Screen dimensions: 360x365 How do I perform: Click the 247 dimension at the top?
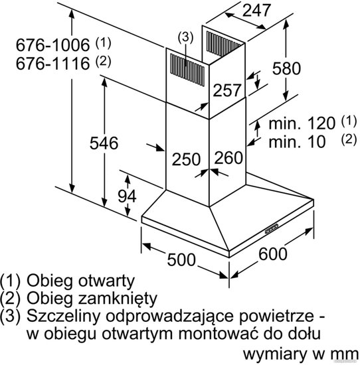[x=256, y=10]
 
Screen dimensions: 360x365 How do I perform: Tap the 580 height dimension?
[x=286, y=68]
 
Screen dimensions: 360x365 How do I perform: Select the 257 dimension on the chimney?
[x=226, y=90]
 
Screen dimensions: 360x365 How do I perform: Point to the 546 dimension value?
[x=104, y=143]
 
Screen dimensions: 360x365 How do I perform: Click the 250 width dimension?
[x=186, y=159]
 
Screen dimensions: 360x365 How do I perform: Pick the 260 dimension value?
[x=228, y=157]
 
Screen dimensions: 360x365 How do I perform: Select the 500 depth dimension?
[x=181, y=259]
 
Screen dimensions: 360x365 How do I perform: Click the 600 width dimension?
[x=273, y=254]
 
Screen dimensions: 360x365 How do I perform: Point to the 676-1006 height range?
[x=52, y=44]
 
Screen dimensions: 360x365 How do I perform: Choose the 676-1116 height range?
[x=52, y=63]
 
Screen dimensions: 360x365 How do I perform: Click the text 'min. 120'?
[x=302, y=123]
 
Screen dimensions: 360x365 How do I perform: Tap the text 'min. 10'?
[x=297, y=141]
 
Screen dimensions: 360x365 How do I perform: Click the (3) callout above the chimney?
[x=185, y=37]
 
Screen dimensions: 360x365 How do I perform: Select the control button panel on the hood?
[x=272, y=228]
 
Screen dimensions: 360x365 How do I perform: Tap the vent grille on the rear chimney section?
[x=223, y=44]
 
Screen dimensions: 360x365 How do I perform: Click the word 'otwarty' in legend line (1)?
[x=106, y=281]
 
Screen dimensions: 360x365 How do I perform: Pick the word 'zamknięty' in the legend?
[x=118, y=299]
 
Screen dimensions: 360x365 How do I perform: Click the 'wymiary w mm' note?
[x=301, y=354]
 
